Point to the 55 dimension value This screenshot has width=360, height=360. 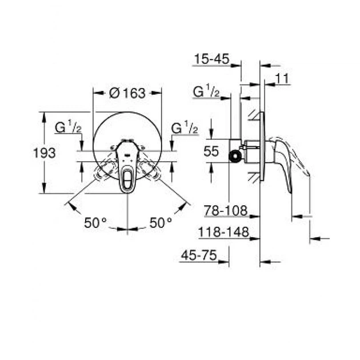[211, 152]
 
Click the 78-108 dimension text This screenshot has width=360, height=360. [225, 211]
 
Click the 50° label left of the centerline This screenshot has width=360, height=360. [95, 223]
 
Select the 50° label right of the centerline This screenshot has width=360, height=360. [161, 223]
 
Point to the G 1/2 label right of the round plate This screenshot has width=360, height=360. [184, 129]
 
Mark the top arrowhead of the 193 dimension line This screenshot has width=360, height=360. [43, 114]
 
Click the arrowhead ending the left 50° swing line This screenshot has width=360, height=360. [69, 203]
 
